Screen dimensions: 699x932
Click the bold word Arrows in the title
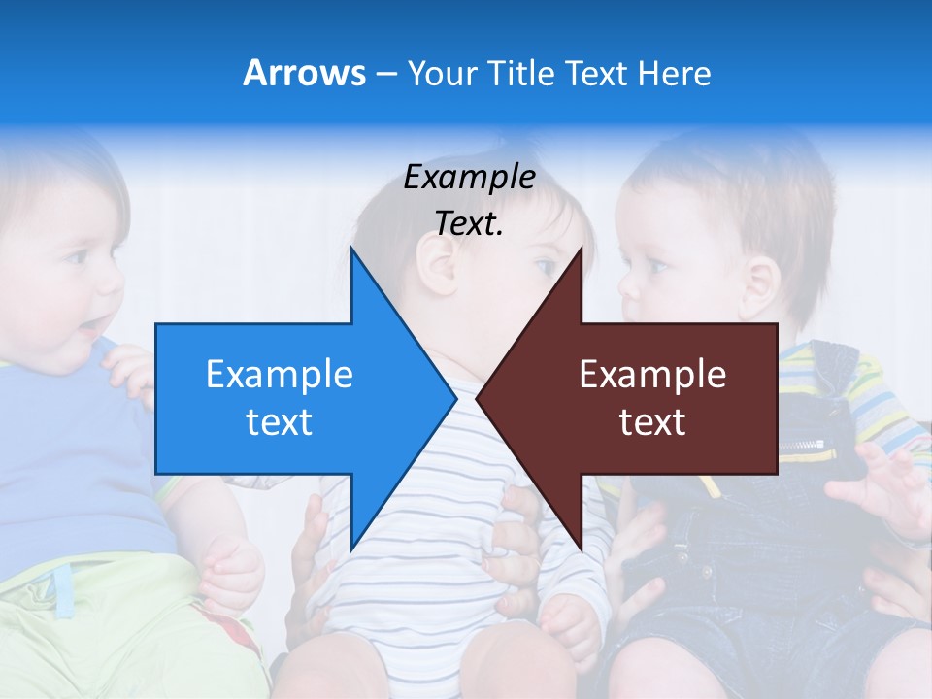point(304,73)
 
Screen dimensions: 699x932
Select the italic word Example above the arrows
point(469,178)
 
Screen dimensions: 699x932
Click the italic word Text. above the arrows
point(469,223)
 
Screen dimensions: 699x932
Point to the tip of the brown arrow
point(479,397)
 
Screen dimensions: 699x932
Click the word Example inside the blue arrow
point(280,375)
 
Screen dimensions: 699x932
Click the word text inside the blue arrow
point(280,422)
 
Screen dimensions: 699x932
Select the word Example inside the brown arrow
point(652,375)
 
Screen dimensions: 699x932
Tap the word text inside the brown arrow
point(652,422)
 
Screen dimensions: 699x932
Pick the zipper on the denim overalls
point(806,445)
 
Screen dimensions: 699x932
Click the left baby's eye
point(76,256)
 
